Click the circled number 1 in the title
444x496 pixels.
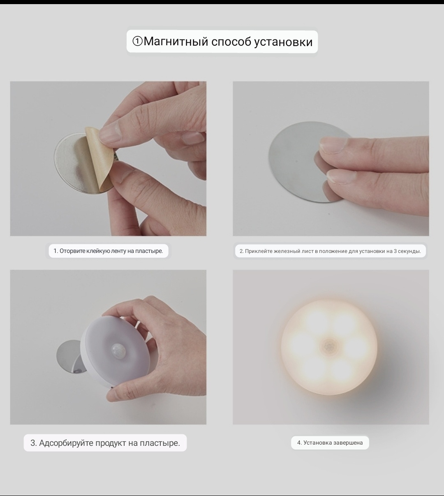[x=137, y=41]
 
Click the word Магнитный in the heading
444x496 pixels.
[x=176, y=42]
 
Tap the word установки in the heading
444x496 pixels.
[x=283, y=42]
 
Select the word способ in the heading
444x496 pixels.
[x=231, y=41]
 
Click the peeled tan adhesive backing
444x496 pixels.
[x=99, y=159]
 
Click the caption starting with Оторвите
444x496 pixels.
[x=108, y=251]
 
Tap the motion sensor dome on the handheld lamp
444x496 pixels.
[x=118, y=350]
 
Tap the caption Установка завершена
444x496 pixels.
[x=330, y=443]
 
